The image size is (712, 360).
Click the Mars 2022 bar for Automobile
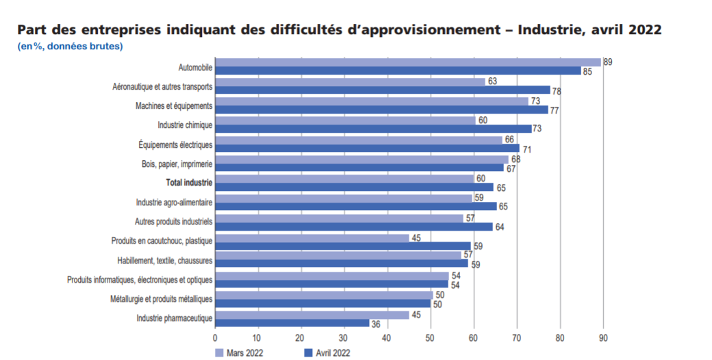408,62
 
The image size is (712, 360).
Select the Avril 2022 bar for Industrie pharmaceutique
292,323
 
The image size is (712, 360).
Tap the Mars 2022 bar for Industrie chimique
345,120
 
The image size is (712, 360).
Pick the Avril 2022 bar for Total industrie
354,187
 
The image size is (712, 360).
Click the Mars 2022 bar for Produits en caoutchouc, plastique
312,238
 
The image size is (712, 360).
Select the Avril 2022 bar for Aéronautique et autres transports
383,90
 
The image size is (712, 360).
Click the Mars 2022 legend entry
239,352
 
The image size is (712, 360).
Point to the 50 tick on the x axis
430,337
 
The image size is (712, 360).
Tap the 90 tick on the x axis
602,337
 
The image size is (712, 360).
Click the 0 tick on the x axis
215,337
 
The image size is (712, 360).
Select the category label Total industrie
189,183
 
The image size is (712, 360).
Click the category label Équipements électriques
175,145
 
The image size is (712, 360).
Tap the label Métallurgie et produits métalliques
161,299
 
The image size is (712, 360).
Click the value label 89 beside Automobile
608,62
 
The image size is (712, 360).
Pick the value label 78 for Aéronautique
557,91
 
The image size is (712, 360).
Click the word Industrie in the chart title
548,31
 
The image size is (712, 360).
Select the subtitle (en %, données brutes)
71,47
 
